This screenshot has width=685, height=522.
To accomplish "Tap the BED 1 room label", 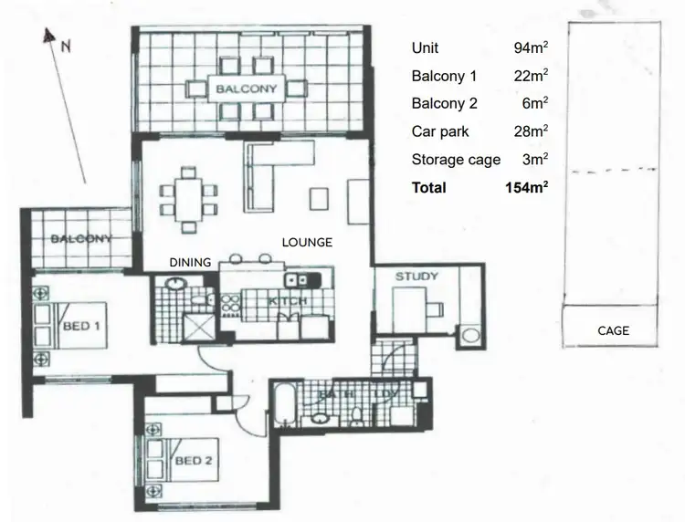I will point(80,324).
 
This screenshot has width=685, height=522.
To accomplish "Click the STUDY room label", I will point(416,277).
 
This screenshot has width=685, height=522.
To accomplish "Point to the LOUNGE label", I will point(307,243).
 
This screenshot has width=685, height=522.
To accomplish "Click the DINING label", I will point(190,262).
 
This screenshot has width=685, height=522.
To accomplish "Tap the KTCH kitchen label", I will point(286,301).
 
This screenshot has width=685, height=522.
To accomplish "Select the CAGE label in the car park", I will point(613,330).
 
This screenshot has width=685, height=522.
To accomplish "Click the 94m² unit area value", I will point(531,48).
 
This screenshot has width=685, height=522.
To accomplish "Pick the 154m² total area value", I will point(526,187).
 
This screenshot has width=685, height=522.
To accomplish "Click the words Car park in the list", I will point(440,131).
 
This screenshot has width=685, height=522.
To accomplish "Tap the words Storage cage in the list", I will point(456,160).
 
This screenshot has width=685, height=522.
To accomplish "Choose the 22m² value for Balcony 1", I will point(531,77).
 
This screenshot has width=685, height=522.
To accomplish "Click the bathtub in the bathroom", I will point(285,406).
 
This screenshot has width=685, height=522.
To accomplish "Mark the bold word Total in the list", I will point(429,187).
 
